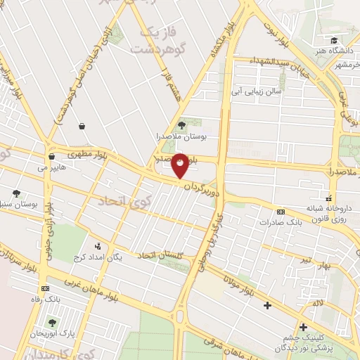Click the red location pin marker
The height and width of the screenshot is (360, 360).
[x=180, y=165]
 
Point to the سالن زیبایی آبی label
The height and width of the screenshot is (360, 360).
[x=259, y=91]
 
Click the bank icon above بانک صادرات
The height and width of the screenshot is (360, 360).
[x=281, y=212]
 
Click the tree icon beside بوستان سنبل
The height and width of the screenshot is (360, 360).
[x=16, y=193]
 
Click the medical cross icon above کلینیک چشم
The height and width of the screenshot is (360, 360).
[x=303, y=327]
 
